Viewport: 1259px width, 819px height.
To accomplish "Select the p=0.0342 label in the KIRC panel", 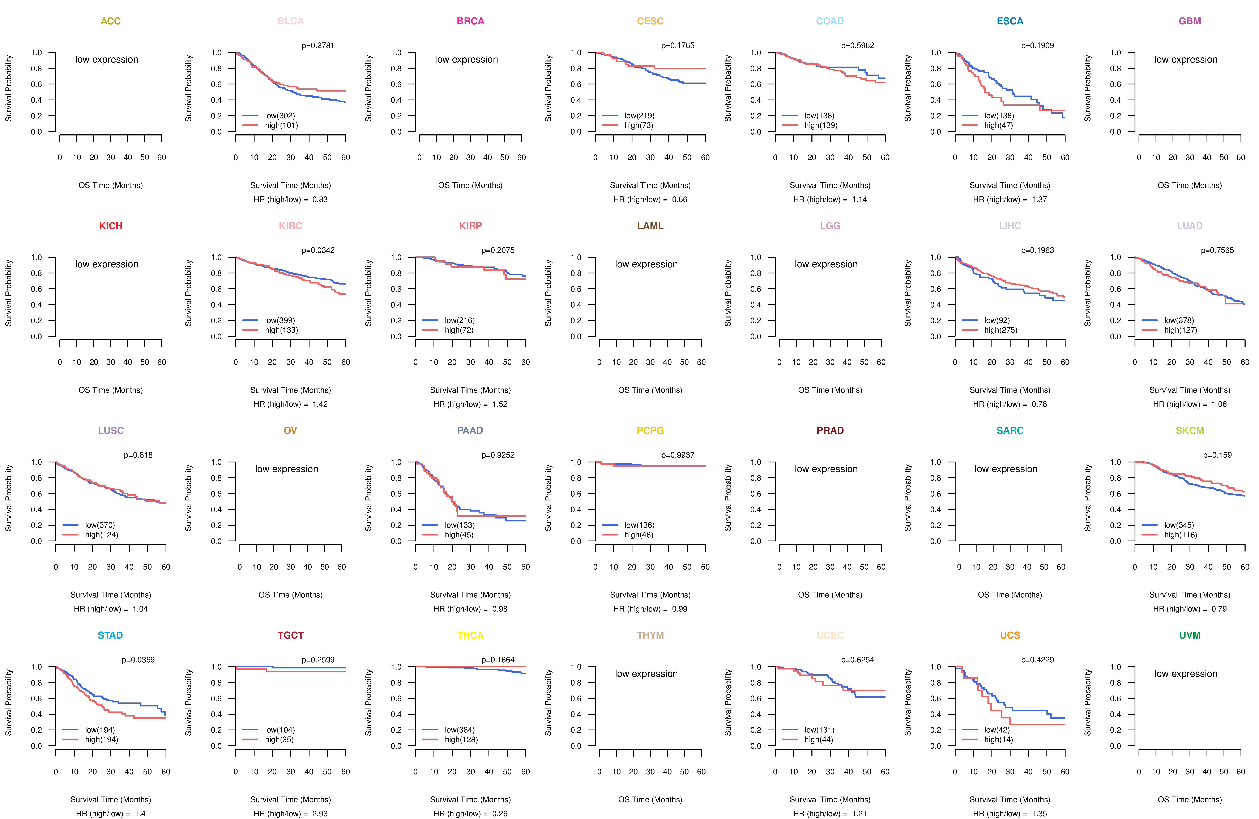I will (x=318, y=250).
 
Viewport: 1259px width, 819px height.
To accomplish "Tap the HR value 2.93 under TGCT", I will (x=320, y=814).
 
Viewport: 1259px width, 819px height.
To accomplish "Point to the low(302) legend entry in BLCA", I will (x=279, y=115).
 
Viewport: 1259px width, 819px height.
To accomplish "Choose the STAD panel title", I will (x=110, y=635).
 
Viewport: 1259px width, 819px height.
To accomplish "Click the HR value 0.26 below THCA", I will (x=499, y=814).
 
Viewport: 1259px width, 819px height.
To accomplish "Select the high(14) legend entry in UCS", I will (x=998, y=740).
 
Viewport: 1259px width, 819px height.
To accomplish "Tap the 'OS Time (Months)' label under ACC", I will (x=111, y=185).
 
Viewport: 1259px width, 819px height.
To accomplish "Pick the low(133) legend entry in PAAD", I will (x=459, y=525).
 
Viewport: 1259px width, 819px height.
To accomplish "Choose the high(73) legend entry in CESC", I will (x=639, y=125).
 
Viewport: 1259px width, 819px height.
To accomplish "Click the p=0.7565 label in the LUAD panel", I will (x=1217, y=250).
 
